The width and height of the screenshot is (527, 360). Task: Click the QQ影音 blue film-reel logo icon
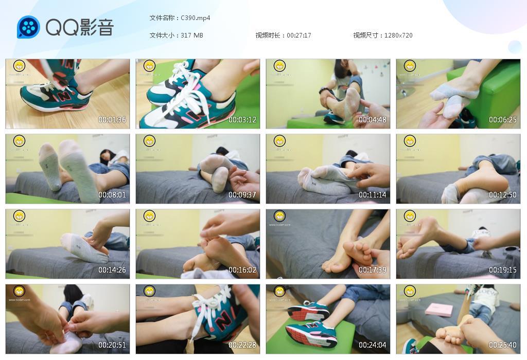pos(28,27)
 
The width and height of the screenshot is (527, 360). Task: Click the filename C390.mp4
pos(195,18)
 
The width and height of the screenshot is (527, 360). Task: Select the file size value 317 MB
pos(192,35)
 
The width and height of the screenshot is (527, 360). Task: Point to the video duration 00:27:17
pos(299,35)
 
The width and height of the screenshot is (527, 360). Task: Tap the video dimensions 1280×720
pos(398,35)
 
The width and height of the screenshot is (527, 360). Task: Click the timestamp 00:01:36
pos(112,120)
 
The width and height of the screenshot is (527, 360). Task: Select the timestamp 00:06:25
pos(502,120)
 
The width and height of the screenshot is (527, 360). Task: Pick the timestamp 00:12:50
pos(502,195)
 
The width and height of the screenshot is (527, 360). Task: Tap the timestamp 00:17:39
pos(372,270)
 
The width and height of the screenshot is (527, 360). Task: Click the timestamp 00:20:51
pos(112,345)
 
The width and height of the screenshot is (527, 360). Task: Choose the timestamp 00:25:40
pos(502,345)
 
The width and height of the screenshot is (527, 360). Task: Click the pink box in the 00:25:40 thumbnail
pos(438,310)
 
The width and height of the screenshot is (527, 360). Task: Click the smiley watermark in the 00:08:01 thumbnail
pos(19,141)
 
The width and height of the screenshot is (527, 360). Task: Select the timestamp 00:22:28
pos(242,345)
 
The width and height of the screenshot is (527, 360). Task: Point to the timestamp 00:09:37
pos(242,195)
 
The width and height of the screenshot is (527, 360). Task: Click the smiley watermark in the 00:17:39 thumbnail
pos(279,216)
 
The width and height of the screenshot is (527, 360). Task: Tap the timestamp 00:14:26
pos(112,270)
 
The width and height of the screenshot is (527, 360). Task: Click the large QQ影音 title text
pos(80,27)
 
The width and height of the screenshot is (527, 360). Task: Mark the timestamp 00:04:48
pos(372,120)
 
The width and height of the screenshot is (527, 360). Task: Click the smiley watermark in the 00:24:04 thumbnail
pos(279,291)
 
